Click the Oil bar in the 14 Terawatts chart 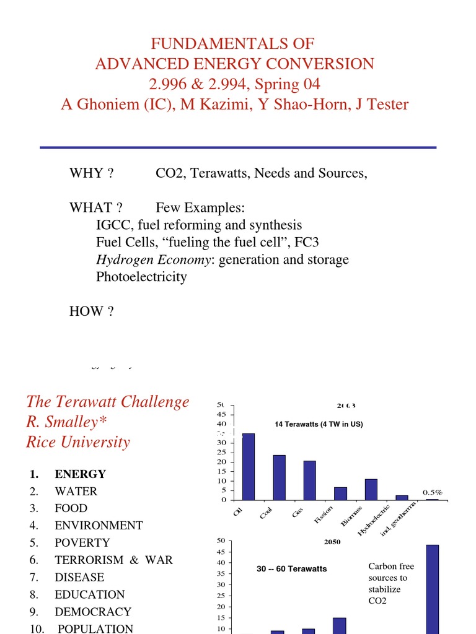248,466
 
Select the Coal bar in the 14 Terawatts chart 279,477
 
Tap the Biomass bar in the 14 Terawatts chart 371,489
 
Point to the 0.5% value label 433,492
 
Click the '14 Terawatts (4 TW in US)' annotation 319,424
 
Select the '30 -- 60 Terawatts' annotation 291,569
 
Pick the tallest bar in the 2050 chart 432,588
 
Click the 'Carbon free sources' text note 390,583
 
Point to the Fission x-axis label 324,514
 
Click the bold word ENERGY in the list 80,474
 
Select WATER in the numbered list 76,492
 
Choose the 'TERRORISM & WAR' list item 113,560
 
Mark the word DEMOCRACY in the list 93,612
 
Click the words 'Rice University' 78,442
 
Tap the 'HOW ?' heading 91,311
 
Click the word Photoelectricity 141,277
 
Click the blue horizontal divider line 238,147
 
